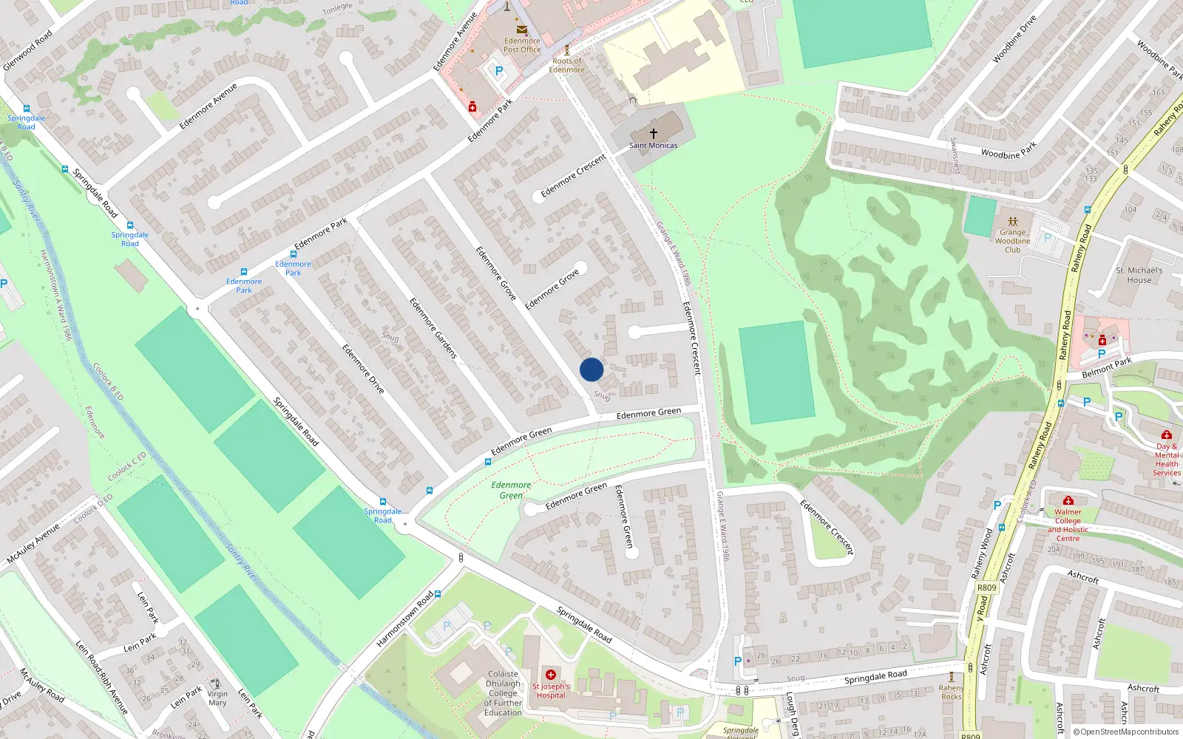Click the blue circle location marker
[x=591, y=369]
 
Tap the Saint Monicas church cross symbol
[x=654, y=134]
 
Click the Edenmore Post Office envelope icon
[x=522, y=30]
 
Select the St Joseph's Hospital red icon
[x=551, y=675]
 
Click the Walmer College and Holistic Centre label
[x=1068, y=525]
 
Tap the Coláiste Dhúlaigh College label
[x=503, y=693]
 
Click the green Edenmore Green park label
[x=511, y=490]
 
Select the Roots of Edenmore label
[x=567, y=65]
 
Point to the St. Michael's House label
[x=1139, y=275]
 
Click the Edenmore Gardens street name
[x=433, y=329]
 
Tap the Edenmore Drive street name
[x=363, y=368]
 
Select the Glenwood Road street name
[x=28, y=50]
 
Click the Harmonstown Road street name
[x=404, y=619]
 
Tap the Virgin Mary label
[x=217, y=698]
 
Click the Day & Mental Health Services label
[x=1167, y=460]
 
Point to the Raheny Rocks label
[x=952, y=692]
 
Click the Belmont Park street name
[x=1106, y=367]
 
